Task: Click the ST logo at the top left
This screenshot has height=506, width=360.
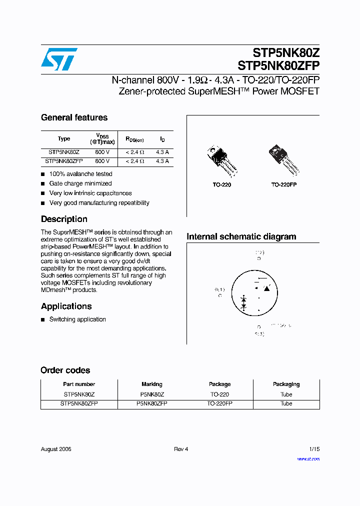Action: coord(59,59)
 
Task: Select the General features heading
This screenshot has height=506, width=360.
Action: coord(74,117)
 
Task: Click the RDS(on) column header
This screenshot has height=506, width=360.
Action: coord(134,139)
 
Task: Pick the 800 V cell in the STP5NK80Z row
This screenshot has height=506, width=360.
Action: coord(102,151)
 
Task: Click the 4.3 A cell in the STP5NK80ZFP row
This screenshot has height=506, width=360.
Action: coord(162,161)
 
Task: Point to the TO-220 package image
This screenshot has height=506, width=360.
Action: coord(220,160)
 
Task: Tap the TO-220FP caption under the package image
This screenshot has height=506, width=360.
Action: coord(284,184)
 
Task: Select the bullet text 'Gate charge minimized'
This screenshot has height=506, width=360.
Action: coord(80,183)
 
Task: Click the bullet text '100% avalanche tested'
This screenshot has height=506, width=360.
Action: coord(80,174)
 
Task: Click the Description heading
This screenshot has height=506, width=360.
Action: coord(64,219)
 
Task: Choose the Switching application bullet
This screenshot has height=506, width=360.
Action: coord(77,319)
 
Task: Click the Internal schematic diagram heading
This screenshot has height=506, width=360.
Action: coord(241,236)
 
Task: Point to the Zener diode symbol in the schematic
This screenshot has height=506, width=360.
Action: coord(244,302)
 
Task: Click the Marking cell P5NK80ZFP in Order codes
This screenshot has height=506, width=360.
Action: coord(151,403)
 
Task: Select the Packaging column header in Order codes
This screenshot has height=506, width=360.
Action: coord(286,384)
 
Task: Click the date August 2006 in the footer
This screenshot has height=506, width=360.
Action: coord(56,449)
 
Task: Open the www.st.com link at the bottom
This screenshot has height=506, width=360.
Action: coord(308,459)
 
